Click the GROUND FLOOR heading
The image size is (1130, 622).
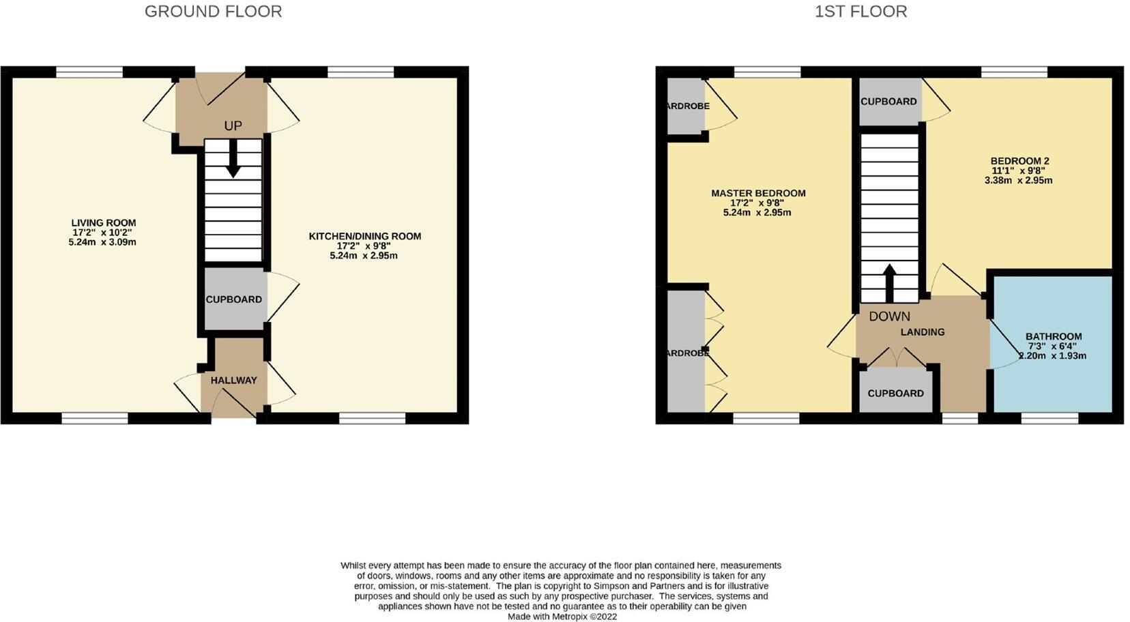click(213, 12)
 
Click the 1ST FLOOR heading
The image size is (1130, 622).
click(860, 12)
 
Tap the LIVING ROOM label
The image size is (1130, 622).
click(104, 223)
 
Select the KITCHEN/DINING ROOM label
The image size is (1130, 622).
click(364, 237)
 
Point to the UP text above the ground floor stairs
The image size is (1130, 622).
click(233, 126)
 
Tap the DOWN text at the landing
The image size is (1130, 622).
click(889, 316)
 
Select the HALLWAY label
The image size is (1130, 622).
click(233, 381)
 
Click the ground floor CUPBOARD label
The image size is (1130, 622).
click(233, 299)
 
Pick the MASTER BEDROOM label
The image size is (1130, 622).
click(758, 194)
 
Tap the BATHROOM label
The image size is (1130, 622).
click(1054, 337)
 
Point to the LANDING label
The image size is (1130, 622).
click(923, 332)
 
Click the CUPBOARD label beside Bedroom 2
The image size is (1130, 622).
click(888, 102)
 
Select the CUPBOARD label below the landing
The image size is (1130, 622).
click(895, 394)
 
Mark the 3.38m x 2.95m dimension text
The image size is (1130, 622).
click(1018, 181)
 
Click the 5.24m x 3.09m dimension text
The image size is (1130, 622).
click(102, 242)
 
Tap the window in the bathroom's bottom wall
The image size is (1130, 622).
click(1049, 418)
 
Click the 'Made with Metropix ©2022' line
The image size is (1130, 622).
click(562, 617)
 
